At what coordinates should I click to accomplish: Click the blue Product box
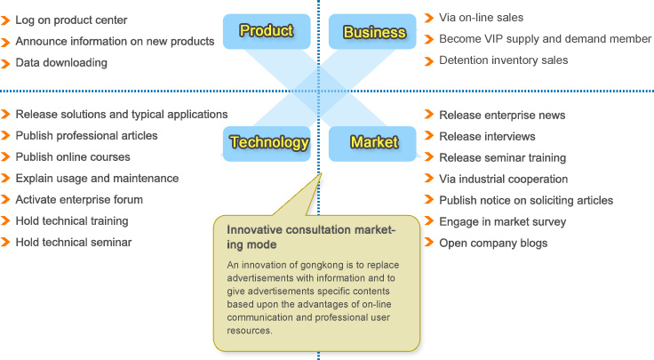(x=267, y=31)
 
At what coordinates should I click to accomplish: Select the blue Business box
(x=372, y=31)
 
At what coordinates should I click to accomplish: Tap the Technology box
(x=267, y=143)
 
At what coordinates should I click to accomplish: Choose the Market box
(x=372, y=143)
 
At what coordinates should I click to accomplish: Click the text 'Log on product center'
(x=71, y=20)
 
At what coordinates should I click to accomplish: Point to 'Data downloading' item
(x=61, y=62)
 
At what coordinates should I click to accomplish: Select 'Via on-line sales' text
(x=481, y=18)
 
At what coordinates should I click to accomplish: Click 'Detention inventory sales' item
(x=504, y=60)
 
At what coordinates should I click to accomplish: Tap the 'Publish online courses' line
(x=73, y=156)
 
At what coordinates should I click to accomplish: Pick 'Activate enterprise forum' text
(x=79, y=199)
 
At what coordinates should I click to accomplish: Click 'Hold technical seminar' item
(x=74, y=242)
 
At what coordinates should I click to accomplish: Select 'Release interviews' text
(x=487, y=136)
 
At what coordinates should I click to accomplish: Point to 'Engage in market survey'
(x=503, y=221)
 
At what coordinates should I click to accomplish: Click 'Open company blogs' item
(x=493, y=243)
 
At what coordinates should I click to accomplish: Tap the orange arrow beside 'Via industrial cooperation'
(x=429, y=178)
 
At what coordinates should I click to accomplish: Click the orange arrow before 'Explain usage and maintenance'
(x=5, y=178)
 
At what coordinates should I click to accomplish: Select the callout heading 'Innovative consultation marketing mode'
(x=311, y=237)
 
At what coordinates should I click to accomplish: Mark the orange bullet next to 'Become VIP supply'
(x=429, y=39)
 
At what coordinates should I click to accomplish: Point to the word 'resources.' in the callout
(x=250, y=331)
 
